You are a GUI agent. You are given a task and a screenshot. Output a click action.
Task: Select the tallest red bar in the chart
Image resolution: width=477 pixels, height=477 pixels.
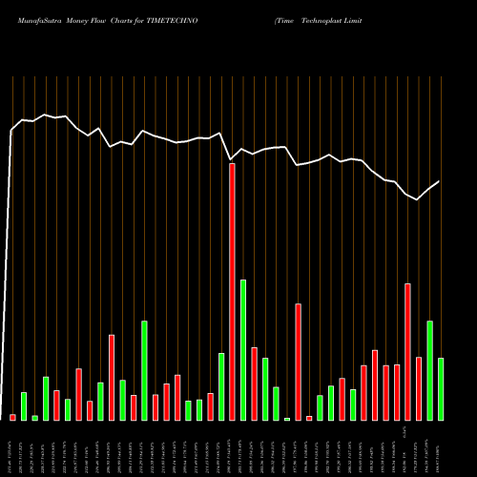point(232,291)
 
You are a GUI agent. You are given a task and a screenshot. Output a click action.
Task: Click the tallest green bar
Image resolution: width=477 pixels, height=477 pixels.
point(243,349)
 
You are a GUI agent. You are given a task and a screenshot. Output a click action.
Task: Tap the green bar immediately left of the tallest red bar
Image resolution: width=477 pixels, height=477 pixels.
point(221,386)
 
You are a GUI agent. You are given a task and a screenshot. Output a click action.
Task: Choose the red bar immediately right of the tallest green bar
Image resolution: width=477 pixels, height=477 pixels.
point(254,384)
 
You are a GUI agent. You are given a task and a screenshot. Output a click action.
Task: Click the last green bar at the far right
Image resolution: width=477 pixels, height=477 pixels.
point(441,388)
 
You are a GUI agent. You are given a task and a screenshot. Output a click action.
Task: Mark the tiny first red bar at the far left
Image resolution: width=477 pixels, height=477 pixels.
point(13,417)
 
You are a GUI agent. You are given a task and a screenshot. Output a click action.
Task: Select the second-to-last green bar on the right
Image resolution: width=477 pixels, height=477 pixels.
point(429,370)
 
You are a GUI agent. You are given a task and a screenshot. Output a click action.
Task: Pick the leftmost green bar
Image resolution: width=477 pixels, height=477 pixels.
point(24,405)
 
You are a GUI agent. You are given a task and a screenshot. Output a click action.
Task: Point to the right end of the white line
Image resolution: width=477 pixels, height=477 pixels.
point(440,181)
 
